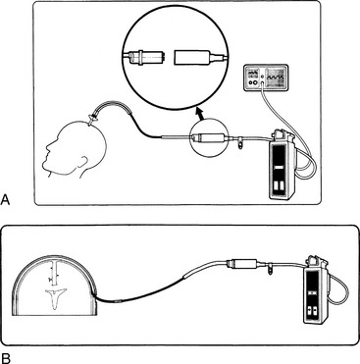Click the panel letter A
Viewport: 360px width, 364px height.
[6, 199]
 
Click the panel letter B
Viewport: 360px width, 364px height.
[6, 357]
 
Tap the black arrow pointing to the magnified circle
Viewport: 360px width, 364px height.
[199, 114]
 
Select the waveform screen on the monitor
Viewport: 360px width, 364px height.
[276, 78]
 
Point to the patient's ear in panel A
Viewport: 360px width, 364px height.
[85, 162]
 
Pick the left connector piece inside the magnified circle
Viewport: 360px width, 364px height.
[145, 57]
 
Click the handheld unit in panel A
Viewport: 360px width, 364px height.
[282, 167]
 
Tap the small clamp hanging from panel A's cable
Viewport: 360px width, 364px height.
[241, 142]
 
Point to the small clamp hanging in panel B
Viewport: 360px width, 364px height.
[271, 269]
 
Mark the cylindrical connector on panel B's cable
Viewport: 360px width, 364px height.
[242, 263]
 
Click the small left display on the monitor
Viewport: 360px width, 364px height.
[252, 73]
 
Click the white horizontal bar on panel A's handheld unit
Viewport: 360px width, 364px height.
[278, 168]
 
